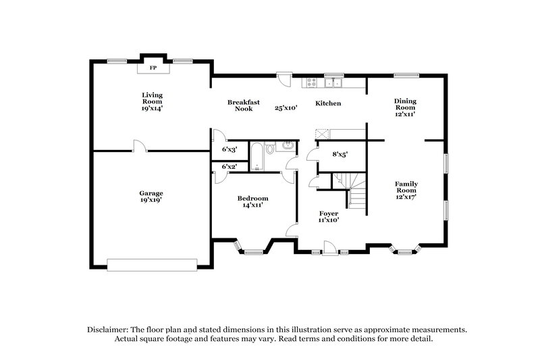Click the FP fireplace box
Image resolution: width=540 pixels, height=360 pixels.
tap(153, 68)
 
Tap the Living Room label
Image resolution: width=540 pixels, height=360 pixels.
tap(152, 101)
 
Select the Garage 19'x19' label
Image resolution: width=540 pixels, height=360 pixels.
tap(151, 197)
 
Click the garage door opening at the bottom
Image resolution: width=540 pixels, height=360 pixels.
tap(153, 264)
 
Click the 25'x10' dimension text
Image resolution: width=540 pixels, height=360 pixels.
tap(286, 107)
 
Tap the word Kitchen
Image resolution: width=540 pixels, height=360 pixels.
tap(329, 103)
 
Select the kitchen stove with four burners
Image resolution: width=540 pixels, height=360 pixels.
tap(311, 83)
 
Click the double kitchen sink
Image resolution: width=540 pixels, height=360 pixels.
tap(332, 83)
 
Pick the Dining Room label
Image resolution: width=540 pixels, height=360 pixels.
tap(405, 107)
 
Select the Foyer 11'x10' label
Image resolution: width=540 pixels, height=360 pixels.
tap(329, 216)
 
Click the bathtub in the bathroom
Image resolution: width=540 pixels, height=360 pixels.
tap(257, 156)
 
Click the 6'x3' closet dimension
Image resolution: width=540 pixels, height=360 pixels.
tap(230, 149)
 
